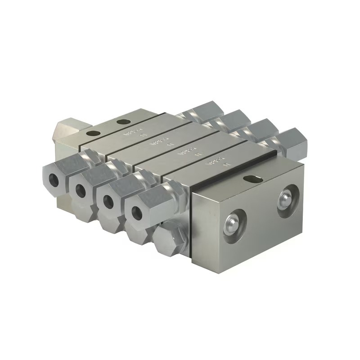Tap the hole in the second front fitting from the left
(x=81, y=191)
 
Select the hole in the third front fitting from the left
(x=108, y=201)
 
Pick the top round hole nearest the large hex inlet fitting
(x=94, y=134)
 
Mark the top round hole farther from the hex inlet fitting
(x=122, y=122)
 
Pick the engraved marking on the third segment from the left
(x=189, y=152)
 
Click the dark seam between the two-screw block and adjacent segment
(x=234, y=166)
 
